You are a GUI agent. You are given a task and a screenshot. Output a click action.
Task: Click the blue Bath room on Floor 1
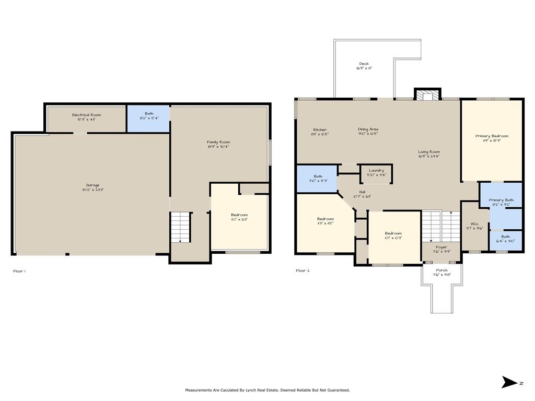click(x=149, y=118)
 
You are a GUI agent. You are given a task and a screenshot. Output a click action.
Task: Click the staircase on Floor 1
click(x=179, y=227)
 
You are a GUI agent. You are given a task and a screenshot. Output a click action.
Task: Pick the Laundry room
click(x=376, y=173)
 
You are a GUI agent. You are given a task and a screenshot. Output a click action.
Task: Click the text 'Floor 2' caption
click(x=303, y=270)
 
